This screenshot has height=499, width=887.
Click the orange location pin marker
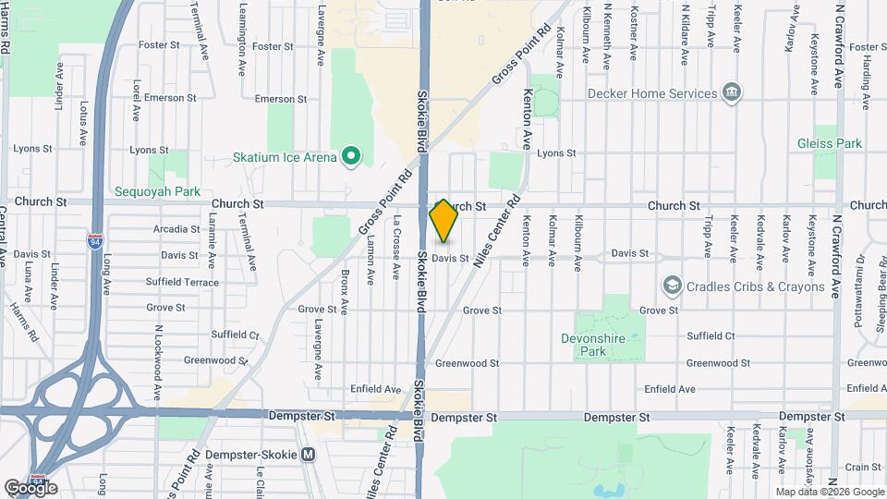(443, 220)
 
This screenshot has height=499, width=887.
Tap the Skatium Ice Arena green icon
(350, 156)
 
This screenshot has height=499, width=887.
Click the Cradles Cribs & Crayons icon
(672, 286)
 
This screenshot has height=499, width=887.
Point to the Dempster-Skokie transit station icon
(309, 455)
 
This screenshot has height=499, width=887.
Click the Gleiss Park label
(830, 143)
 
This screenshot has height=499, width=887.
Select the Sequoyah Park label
(144, 192)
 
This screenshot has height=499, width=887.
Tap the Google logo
(30, 487)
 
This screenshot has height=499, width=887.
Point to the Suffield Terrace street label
(183, 282)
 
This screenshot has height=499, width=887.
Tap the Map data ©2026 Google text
(829, 492)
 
